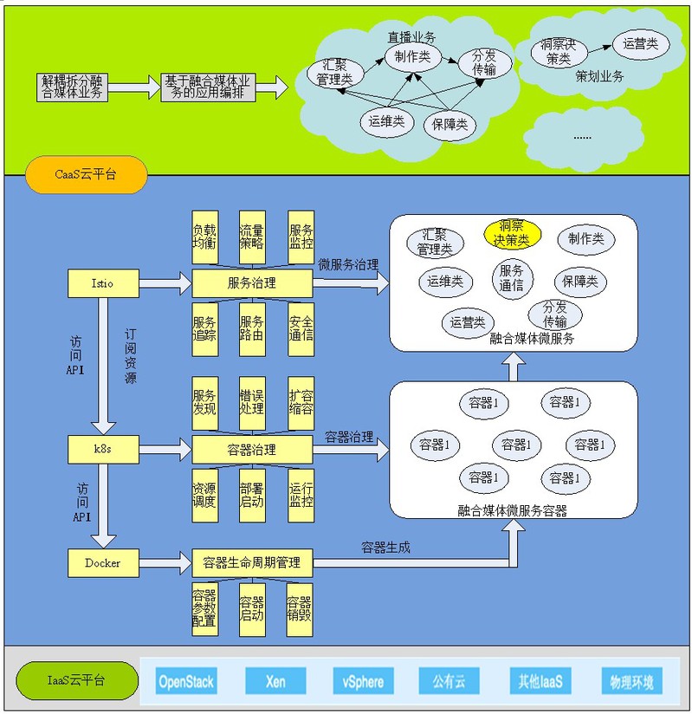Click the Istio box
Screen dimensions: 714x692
102,282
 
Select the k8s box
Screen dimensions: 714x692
102,449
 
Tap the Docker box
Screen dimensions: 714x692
102,563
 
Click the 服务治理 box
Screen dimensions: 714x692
251,282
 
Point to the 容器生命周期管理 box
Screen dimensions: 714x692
251,563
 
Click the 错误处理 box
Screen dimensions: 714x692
252,401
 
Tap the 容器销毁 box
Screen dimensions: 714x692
300,608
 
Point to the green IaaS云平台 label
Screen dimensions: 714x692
76,680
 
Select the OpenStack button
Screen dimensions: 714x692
186,681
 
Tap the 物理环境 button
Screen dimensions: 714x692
631,681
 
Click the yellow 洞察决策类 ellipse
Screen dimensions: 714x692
512,233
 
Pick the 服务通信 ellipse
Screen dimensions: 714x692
512,277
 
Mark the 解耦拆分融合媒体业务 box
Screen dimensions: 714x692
73,87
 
